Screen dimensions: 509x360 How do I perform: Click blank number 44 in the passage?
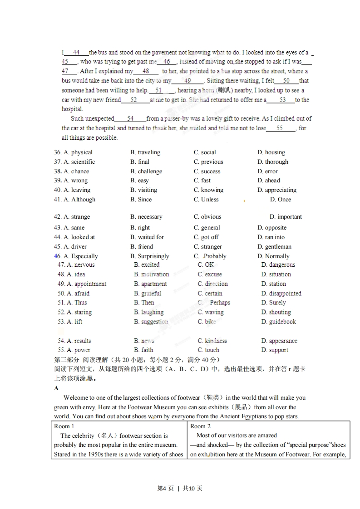coord(76,52)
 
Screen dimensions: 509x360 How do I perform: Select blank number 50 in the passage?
coord(286,81)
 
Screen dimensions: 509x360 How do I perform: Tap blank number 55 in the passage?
coord(280,128)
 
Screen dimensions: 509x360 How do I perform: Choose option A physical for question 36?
coord(78,152)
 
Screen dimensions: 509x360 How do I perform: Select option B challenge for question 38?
coord(146,171)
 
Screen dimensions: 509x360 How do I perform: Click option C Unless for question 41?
coord(206,199)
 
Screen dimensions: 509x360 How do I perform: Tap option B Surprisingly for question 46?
coord(149,256)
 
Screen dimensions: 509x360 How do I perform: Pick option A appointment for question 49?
coord(86,284)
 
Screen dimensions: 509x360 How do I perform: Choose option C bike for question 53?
coord(207,322)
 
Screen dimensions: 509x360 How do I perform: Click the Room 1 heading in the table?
coord(64,426)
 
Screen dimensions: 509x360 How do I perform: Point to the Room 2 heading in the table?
coord(200,426)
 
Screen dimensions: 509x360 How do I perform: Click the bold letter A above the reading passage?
coord(56,388)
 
